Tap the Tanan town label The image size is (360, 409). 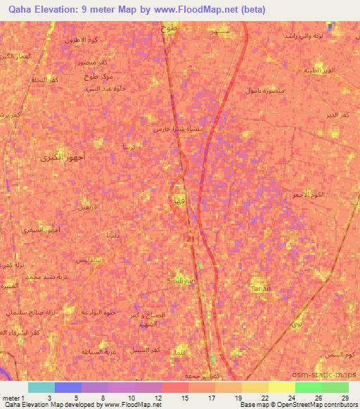[x=259, y=289]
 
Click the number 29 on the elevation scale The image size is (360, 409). [x=345, y=397]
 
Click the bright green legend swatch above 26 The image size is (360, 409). [x=309, y=387]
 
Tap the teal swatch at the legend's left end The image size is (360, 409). [x=41, y=387]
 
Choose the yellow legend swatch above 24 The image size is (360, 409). [x=282, y=387]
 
